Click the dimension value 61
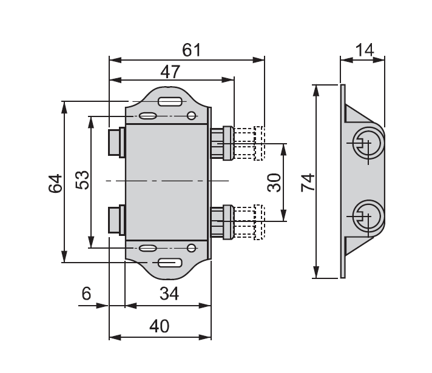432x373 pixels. click(191, 50)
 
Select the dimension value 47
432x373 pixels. click(170, 72)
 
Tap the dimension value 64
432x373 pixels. click(55, 183)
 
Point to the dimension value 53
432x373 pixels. click(82, 180)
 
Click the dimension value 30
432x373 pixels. click(274, 183)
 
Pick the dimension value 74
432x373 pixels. click(308, 183)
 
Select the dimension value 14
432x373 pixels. click(364, 50)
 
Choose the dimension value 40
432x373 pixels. click(159, 326)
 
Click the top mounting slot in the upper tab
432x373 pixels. click(170, 101)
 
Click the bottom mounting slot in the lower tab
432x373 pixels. click(170, 263)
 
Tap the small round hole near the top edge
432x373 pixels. click(192, 116)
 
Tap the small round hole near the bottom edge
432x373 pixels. click(192, 247)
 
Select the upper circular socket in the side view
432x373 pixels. click(367, 143)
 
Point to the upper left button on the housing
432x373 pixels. click(116, 143)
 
